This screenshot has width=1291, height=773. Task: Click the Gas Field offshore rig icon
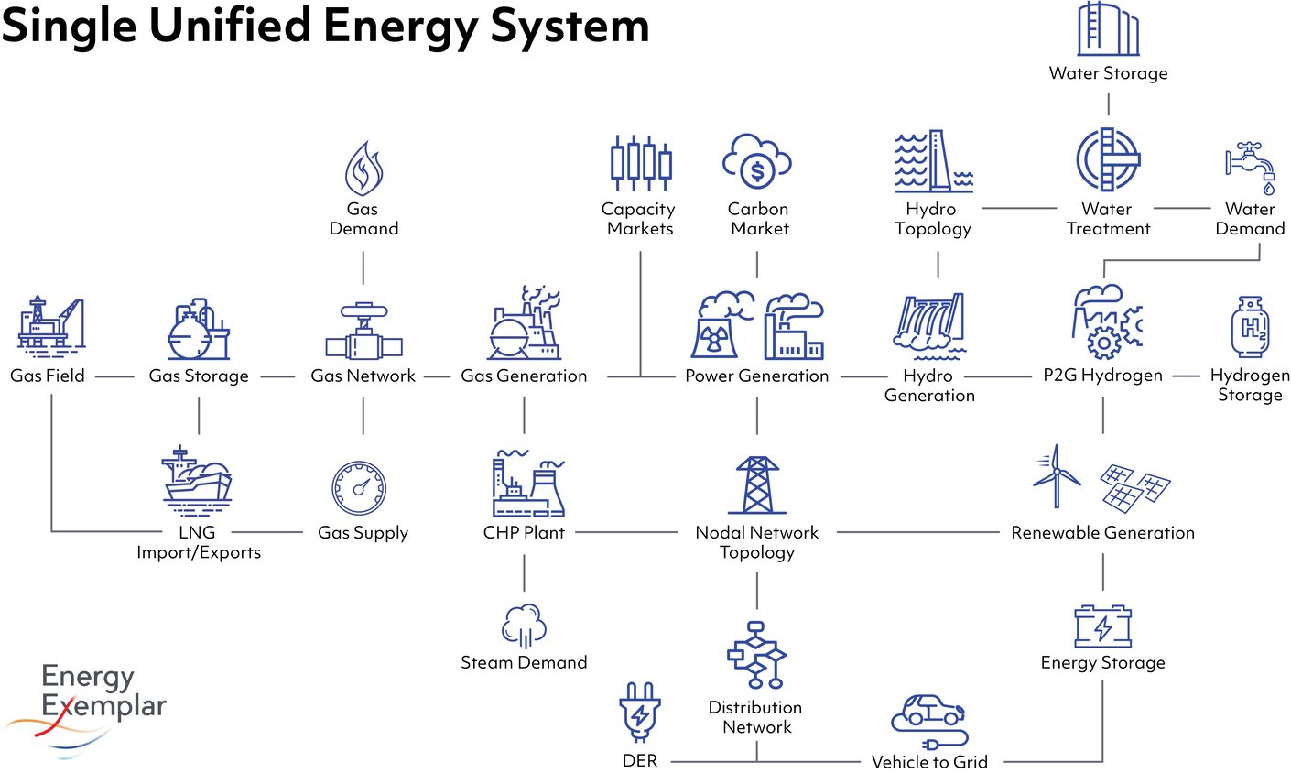click(50, 324)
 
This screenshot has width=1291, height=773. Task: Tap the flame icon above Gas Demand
click(363, 169)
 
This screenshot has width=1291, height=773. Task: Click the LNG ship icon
click(198, 477)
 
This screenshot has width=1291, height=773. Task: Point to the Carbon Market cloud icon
click(757, 161)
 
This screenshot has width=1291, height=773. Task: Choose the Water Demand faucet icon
click(1252, 167)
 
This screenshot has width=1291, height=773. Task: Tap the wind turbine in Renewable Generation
click(1057, 475)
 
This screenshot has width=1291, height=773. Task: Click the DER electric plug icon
click(640, 712)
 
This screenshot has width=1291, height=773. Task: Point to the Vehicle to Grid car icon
click(929, 720)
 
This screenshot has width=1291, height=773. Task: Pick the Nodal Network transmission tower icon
click(757, 485)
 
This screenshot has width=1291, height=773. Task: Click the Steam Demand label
click(524, 662)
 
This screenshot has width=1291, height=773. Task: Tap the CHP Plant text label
click(524, 532)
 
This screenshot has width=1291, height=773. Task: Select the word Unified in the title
click(230, 25)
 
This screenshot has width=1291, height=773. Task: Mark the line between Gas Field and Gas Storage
click(114, 376)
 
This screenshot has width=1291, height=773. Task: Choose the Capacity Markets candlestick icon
click(640, 163)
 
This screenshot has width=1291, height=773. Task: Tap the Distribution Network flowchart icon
click(756, 655)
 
